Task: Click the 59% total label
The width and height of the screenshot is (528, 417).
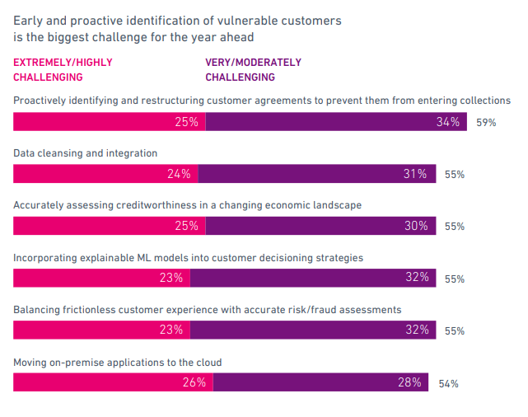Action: [x=486, y=123]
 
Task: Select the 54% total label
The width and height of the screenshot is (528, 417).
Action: [x=448, y=384]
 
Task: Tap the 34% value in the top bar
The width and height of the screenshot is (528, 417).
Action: [x=448, y=122]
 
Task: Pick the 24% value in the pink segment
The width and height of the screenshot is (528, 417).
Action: [x=179, y=174]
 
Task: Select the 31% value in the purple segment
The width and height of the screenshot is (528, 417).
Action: [x=415, y=174]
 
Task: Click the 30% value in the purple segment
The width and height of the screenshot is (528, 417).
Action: [x=416, y=226]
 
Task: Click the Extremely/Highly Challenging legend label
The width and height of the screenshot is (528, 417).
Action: [x=62, y=69]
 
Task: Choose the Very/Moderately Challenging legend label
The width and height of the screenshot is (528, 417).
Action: [x=253, y=69]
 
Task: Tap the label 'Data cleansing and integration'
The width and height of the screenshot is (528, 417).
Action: [x=85, y=153]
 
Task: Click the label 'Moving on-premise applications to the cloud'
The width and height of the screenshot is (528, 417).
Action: [x=118, y=363]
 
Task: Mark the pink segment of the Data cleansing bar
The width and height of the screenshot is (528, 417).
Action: [x=105, y=174]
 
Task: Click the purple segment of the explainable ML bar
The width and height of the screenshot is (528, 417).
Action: [x=313, y=278]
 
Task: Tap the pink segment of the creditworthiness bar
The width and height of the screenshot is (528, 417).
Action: [x=109, y=226]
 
